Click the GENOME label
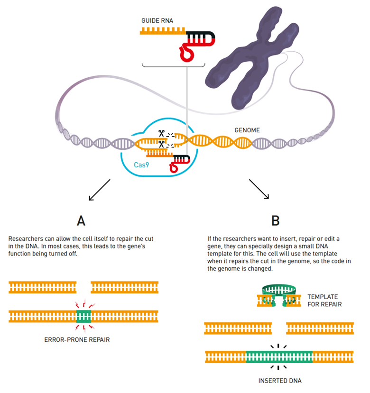248,129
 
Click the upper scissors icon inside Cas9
161,134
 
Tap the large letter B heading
276,221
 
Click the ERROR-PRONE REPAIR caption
83,340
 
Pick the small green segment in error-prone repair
84,314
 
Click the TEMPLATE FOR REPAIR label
324,300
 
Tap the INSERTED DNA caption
280,381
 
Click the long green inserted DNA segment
279,356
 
